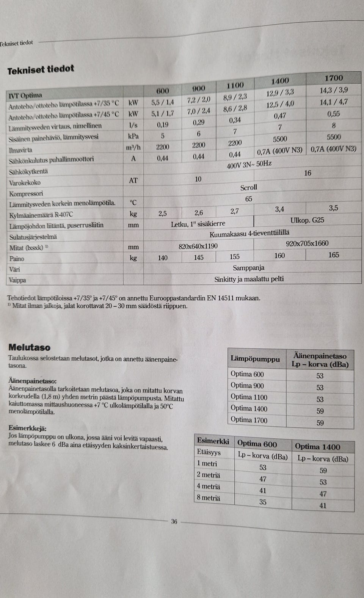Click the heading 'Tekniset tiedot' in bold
[41, 70]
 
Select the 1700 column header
[334, 78]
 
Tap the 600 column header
[163, 91]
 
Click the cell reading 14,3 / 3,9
[334, 90]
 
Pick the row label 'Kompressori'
[26, 194]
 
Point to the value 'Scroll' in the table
[249, 187]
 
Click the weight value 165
[334, 255]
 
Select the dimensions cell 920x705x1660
[307, 243]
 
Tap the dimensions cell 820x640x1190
[198, 246]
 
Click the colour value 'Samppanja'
[249, 268]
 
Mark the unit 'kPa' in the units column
[133, 136]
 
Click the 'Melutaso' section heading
[29, 347]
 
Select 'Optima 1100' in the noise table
[249, 397]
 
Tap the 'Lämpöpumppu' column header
[255, 359]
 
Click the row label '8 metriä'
[208, 498]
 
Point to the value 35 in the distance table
[263, 502]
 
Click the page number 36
[174, 521]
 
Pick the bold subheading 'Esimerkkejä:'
[27, 428]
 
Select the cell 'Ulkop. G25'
[307, 220]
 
